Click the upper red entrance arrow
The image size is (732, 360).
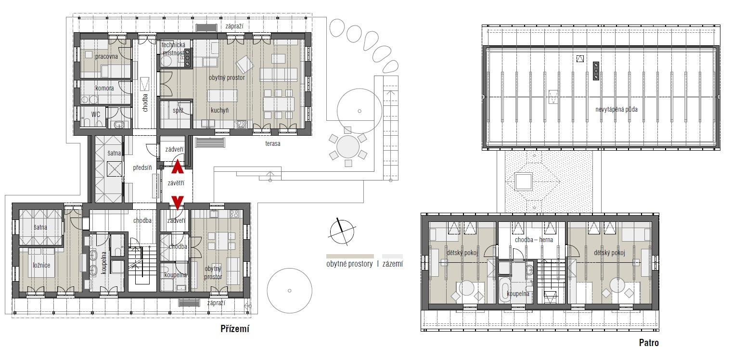pyautogui.click(x=178, y=167)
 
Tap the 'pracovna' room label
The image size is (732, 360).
pyautogui.click(x=106, y=56)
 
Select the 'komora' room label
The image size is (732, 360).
pyautogui.click(x=104, y=88)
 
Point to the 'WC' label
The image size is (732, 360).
pyautogui.click(x=96, y=115)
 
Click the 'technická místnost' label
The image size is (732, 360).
pyautogui.click(x=174, y=49)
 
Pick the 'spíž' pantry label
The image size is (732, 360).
pyautogui.click(x=178, y=110)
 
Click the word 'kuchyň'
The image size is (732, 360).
pyautogui.click(x=219, y=110)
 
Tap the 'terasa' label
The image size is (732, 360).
pyautogui.click(x=272, y=143)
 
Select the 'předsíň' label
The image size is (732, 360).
pyautogui.click(x=142, y=167)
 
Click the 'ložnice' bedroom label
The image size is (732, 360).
pyautogui.click(x=41, y=265)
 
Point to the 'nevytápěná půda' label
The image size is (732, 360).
pyautogui.click(x=616, y=109)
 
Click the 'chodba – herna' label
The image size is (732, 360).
pyautogui.click(x=534, y=240)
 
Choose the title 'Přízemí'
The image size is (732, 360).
pyautogui.click(x=235, y=329)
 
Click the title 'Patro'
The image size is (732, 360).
pyautogui.click(x=649, y=343)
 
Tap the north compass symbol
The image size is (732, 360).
pyautogui.click(x=342, y=232)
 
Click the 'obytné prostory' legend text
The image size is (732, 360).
pyautogui.click(x=349, y=264)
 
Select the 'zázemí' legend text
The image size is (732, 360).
pyautogui.click(x=393, y=264)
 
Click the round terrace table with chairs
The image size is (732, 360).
pyautogui.click(x=347, y=147)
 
